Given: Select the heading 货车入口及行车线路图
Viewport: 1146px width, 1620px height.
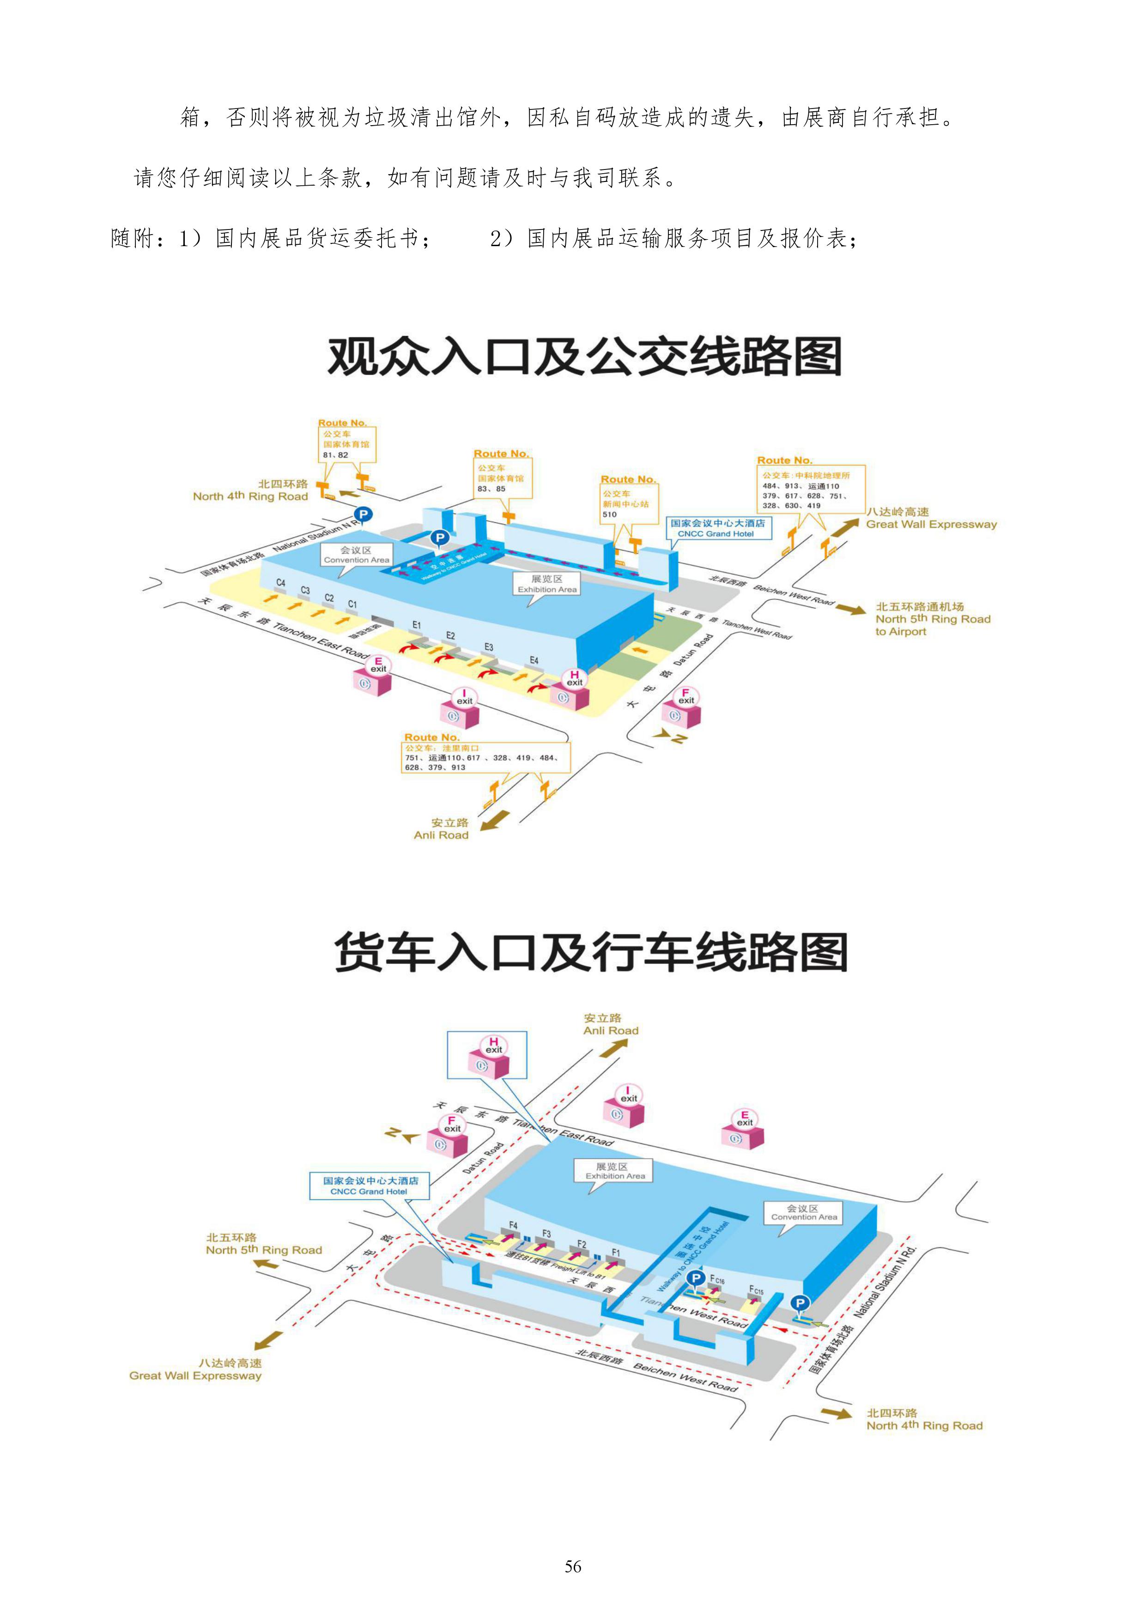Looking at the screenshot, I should [x=591, y=952].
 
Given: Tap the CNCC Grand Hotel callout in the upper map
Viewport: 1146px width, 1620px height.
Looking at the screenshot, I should [x=716, y=528].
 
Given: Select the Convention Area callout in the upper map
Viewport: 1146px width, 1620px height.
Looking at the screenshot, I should [x=356, y=555].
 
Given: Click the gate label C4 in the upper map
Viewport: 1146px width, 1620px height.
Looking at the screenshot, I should [x=281, y=583].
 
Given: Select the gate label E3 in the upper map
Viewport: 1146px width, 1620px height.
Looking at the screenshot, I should [x=488, y=647].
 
